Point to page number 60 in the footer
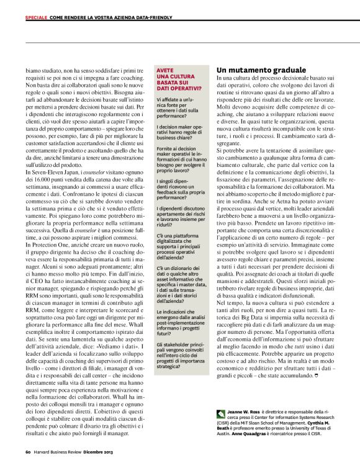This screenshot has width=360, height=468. (29, 451)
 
